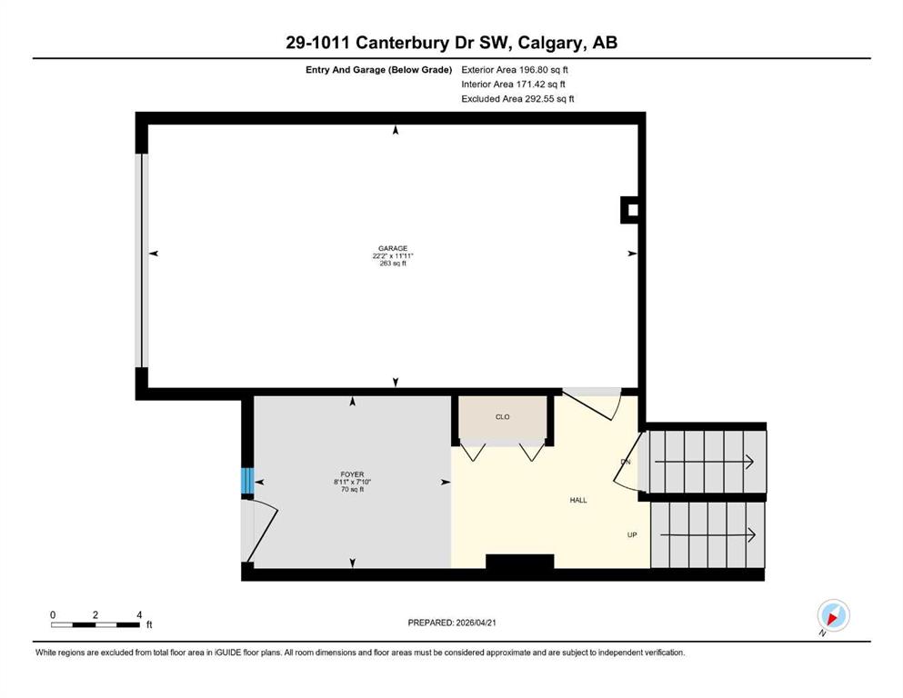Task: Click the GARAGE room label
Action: coord(393,248)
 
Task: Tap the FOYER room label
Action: coord(352,474)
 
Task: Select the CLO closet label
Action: coord(502,416)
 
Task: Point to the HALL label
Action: coord(578,500)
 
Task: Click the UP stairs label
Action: coord(632,534)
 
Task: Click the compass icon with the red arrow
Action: coord(833,615)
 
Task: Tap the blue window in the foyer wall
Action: coord(247,481)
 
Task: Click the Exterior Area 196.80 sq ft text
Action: coord(515,70)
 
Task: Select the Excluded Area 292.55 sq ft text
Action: coord(517,98)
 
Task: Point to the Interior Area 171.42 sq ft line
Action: coord(513,84)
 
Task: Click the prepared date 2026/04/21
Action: coord(476,623)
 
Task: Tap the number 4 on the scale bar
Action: coord(139,614)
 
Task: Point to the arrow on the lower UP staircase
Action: coord(707,535)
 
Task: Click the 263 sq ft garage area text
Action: coord(393,263)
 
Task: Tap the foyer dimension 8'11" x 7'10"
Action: coord(352,483)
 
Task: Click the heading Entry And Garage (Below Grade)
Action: coord(378,70)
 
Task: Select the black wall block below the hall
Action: coord(520,562)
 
